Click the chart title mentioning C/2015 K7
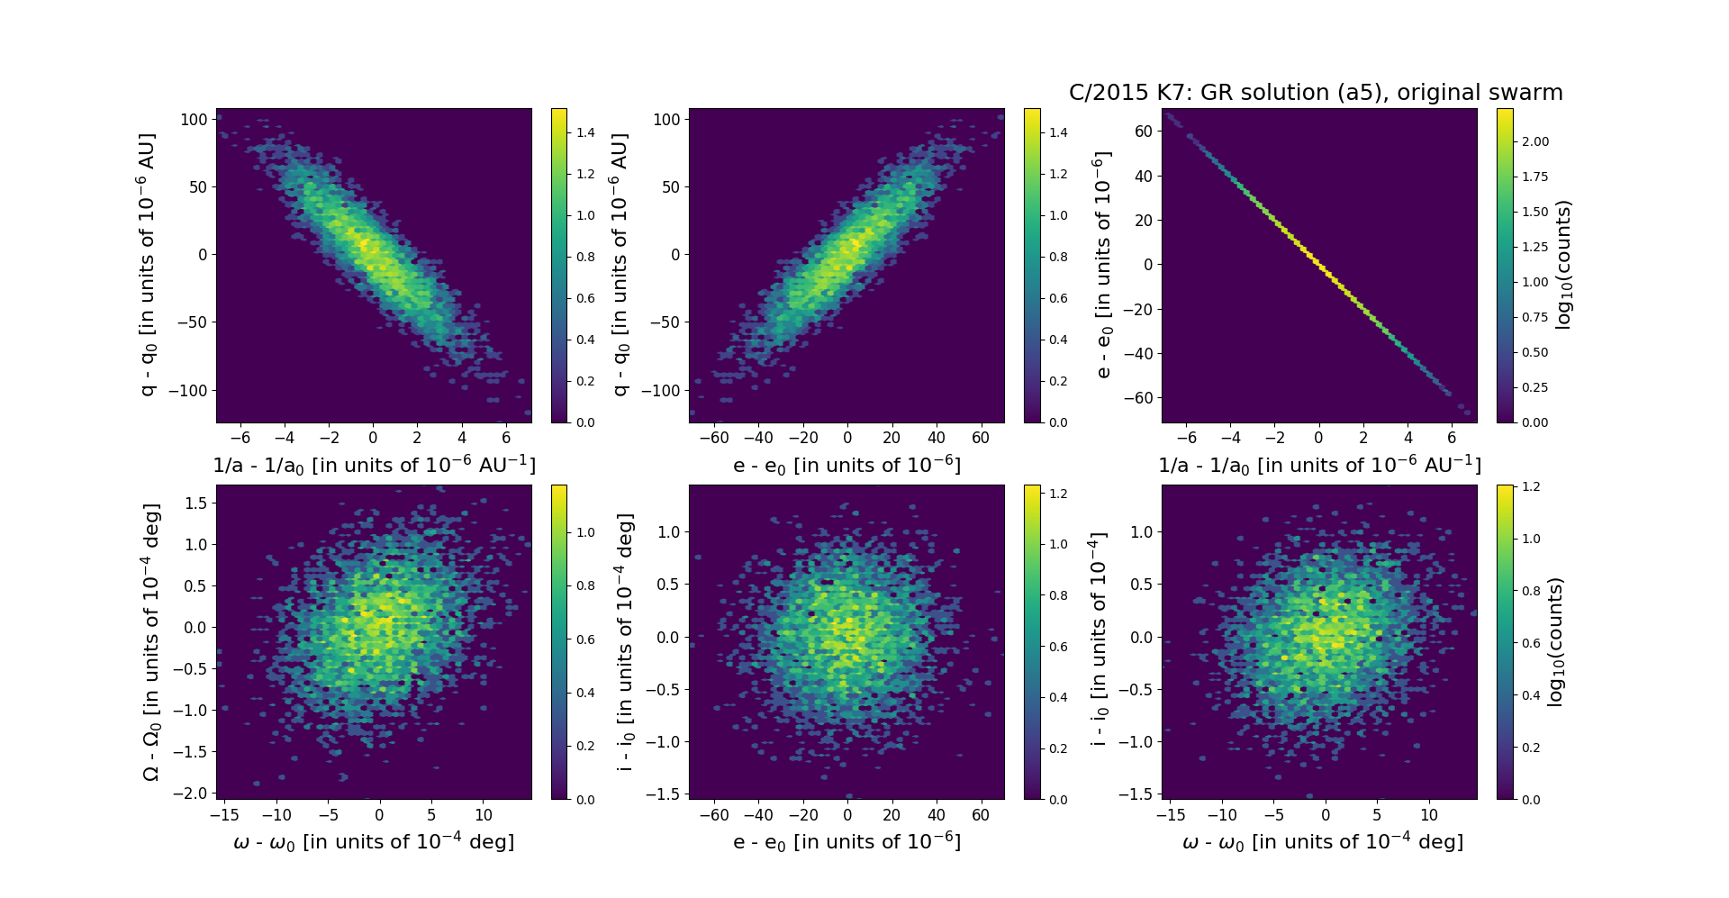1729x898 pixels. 1315,93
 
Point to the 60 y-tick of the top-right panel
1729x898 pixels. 1142,132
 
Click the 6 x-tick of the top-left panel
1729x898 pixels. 506,438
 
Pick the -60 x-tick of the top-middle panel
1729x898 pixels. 714,438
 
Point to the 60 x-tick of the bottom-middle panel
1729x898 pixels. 981,814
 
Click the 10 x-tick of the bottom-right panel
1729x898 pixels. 1429,814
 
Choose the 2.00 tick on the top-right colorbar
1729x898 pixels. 1534,141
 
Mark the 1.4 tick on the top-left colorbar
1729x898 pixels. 585,132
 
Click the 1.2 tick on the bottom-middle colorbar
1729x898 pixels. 1058,494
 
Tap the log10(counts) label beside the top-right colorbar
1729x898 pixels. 1563,265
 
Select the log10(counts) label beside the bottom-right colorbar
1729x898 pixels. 1555,641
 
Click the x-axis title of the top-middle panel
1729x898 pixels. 846,466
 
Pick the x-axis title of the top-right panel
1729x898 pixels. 1319,466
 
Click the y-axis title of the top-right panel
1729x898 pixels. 1102,265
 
